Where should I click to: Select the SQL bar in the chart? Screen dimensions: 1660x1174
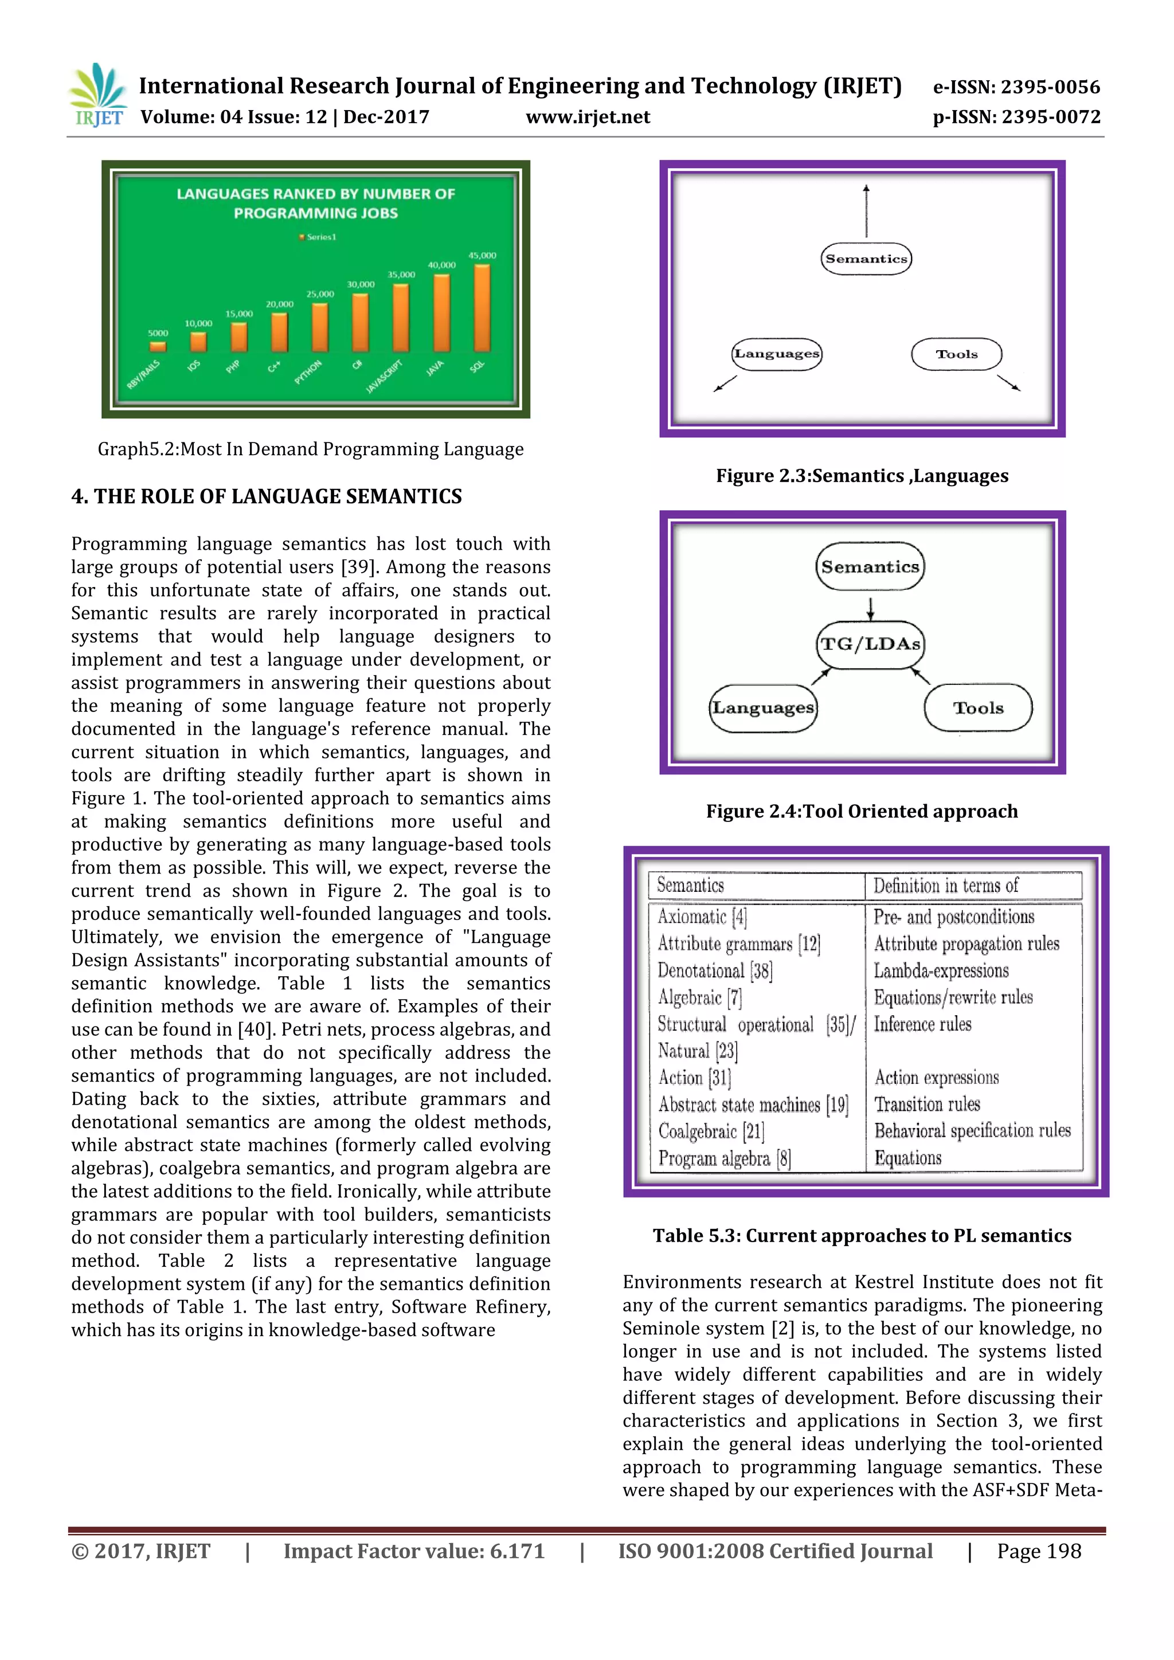(482, 309)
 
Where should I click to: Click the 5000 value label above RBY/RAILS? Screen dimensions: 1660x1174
(158, 333)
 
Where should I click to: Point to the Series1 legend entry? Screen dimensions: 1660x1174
(318, 237)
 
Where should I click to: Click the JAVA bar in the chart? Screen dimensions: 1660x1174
(441, 313)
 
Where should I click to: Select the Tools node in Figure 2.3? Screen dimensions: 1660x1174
(956, 354)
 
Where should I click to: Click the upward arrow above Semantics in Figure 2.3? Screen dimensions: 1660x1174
(866, 210)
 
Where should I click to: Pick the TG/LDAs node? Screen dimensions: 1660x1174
(870, 644)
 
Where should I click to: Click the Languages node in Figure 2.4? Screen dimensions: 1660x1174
(762, 708)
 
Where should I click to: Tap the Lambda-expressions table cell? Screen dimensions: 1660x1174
(941, 971)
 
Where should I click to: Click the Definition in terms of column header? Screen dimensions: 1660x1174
(945, 886)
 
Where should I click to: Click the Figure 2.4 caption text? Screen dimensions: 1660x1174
(862, 811)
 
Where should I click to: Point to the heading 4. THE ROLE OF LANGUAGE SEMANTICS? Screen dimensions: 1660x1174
(266, 497)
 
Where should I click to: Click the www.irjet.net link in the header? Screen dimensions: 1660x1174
(587, 117)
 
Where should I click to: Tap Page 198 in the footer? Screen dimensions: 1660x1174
(1038, 1551)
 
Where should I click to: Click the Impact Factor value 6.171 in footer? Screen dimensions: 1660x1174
(413, 1551)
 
